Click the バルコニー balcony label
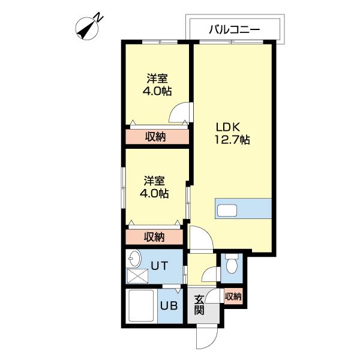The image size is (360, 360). (x=234, y=28)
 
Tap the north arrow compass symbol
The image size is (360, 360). (x=89, y=28)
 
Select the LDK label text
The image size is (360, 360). (x=228, y=127)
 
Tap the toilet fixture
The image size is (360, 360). (x=232, y=263)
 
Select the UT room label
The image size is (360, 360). (x=158, y=264)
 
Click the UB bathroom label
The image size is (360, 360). (x=169, y=305)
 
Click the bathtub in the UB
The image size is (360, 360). (x=142, y=307)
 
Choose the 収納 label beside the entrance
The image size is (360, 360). (x=233, y=296)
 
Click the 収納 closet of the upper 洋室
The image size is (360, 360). (x=156, y=137)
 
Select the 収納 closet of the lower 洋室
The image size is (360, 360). (x=154, y=236)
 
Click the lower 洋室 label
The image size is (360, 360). (x=154, y=187)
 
